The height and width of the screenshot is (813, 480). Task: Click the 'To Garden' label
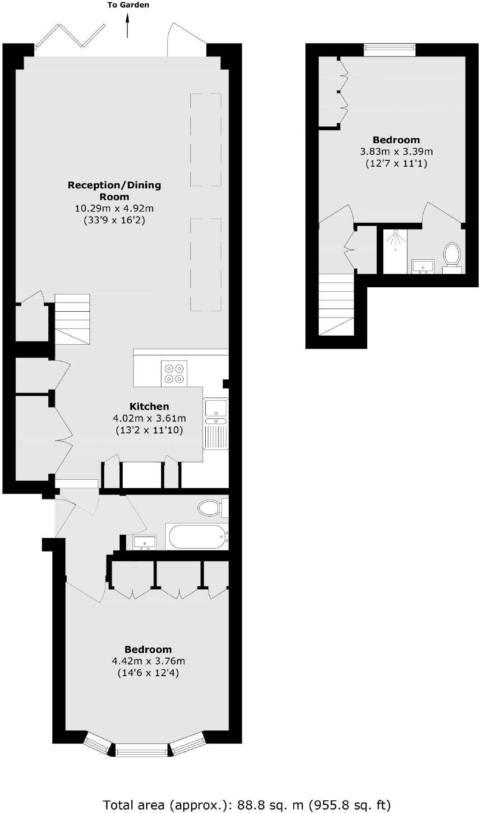click(x=128, y=5)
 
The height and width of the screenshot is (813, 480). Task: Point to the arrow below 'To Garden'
click(x=128, y=25)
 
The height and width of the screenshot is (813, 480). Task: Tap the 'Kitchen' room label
click(x=149, y=406)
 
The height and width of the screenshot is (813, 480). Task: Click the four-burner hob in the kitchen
click(x=174, y=374)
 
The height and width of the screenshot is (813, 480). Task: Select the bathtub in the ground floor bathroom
click(x=197, y=537)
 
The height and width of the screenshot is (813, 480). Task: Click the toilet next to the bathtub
click(x=210, y=508)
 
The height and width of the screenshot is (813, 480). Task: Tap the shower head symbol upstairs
click(x=395, y=239)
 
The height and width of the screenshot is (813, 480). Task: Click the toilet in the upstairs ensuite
click(x=452, y=256)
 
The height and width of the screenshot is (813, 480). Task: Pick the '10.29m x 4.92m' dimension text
click(x=114, y=208)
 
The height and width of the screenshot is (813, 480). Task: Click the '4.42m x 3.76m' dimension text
click(x=148, y=661)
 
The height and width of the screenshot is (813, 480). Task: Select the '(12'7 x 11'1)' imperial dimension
click(x=396, y=163)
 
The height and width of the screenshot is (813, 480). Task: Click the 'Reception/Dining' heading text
click(x=114, y=185)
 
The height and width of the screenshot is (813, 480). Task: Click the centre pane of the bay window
click(x=141, y=752)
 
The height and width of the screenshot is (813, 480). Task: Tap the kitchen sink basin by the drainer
click(x=216, y=407)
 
